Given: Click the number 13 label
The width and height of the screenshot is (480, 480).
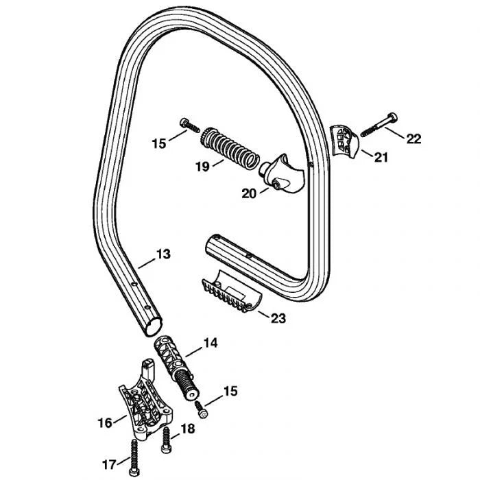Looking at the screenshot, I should click(163, 254).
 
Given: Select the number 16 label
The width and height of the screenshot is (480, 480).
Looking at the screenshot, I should click(105, 423).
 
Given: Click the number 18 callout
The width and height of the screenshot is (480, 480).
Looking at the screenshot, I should click(187, 429).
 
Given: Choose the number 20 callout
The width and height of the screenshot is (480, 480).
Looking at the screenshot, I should click(249, 193).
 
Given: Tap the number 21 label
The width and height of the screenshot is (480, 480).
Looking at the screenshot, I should click(381, 158).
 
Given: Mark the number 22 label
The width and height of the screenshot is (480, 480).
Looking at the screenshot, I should click(413, 139).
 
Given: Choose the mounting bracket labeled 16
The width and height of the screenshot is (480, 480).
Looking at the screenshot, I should click(145, 400).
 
